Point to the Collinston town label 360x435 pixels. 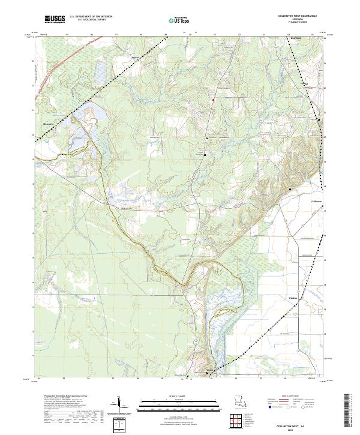click(x=316, y=202)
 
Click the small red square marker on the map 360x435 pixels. click(x=212, y=99)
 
